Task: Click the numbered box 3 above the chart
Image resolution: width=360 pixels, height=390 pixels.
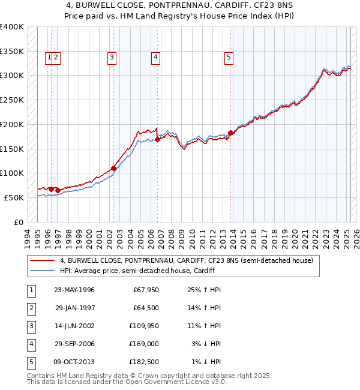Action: [x=112, y=58]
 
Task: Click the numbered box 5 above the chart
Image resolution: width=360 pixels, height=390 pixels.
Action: [x=229, y=58]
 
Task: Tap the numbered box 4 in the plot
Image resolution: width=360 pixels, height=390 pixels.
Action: [x=155, y=58]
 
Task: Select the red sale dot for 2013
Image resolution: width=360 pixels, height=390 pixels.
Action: [x=230, y=133]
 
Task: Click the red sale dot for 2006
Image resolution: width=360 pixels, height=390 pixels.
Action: [x=157, y=139]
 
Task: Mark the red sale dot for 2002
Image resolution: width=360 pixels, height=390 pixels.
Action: [x=113, y=168]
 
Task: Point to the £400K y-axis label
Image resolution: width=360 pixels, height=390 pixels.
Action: [x=12, y=27]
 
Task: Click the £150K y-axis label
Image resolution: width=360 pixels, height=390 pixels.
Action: [x=12, y=149]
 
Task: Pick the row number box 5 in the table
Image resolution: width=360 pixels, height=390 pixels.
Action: [x=31, y=362]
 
